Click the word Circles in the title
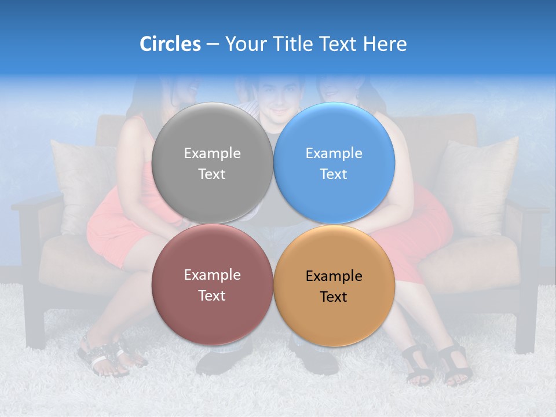(170, 44)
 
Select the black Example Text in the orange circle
(334, 287)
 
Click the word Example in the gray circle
(212, 153)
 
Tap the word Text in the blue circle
(334, 174)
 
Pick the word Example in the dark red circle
(212, 275)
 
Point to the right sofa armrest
(524, 206)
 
